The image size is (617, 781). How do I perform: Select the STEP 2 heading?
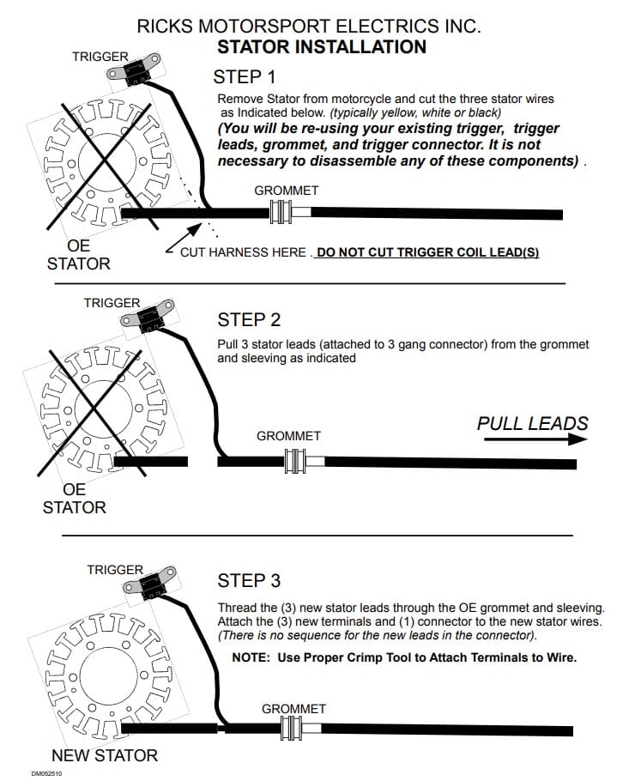[249, 320]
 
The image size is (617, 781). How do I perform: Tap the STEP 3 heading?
[249, 581]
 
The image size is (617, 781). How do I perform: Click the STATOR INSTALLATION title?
[322, 46]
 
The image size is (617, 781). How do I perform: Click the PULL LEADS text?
[532, 423]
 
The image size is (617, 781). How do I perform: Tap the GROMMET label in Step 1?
[287, 191]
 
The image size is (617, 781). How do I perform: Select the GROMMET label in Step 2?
[288, 436]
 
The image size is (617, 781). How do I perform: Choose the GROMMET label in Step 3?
[293, 709]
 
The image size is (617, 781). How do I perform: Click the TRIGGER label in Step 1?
[100, 57]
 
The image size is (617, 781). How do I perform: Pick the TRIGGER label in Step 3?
[114, 570]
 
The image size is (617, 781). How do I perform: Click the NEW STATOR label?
[105, 756]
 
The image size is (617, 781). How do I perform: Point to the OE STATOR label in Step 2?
[75, 498]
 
